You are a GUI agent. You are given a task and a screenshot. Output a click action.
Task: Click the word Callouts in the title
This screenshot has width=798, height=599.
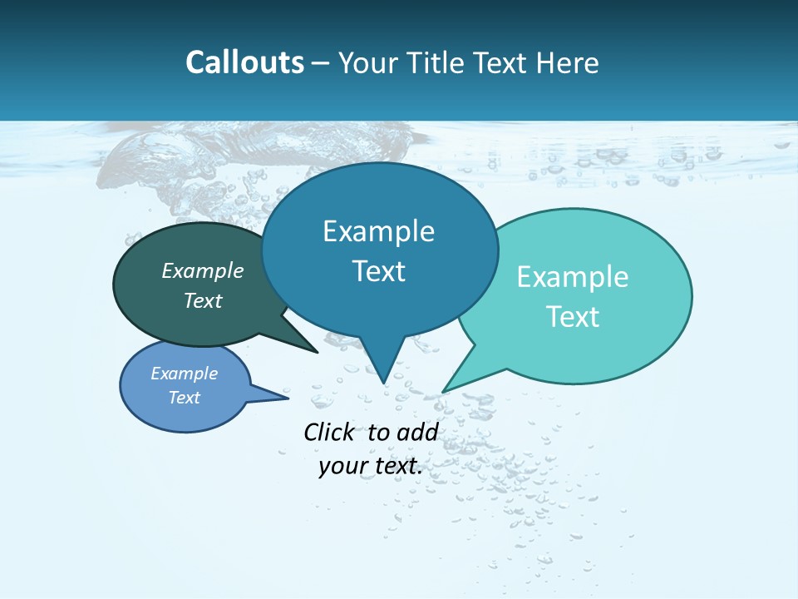click(x=245, y=62)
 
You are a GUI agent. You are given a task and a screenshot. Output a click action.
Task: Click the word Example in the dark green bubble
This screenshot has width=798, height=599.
click(x=203, y=270)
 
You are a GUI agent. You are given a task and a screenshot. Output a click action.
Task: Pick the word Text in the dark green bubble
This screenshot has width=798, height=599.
click(x=203, y=300)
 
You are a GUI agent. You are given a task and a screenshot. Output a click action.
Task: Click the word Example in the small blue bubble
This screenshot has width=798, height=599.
click(x=185, y=374)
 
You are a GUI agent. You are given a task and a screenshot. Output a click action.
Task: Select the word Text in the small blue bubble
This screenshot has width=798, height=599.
click(x=185, y=398)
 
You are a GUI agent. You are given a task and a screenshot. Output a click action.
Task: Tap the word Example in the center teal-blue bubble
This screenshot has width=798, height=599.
click(x=379, y=231)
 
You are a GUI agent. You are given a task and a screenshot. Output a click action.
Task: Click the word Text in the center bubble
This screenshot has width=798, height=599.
click(x=379, y=271)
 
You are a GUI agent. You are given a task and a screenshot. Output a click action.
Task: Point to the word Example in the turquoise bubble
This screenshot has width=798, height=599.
click(x=573, y=277)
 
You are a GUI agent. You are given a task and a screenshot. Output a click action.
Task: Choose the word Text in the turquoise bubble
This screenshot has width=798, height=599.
click(x=573, y=317)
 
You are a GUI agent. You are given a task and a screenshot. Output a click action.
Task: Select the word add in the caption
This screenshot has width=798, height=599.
click(x=417, y=432)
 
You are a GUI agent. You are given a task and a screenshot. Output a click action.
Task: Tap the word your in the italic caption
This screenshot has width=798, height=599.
click(x=342, y=466)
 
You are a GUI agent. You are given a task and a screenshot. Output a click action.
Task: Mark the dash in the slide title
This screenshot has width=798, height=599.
click(x=322, y=63)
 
